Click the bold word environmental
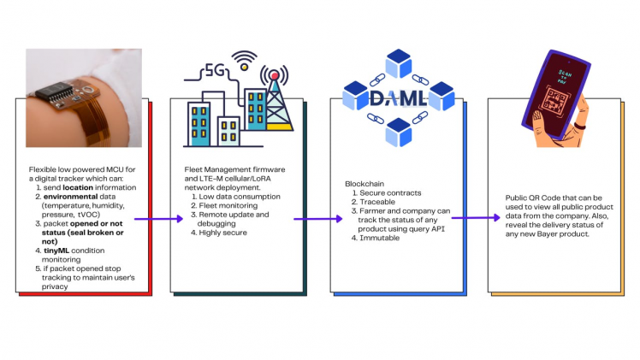[x=74, y=196]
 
